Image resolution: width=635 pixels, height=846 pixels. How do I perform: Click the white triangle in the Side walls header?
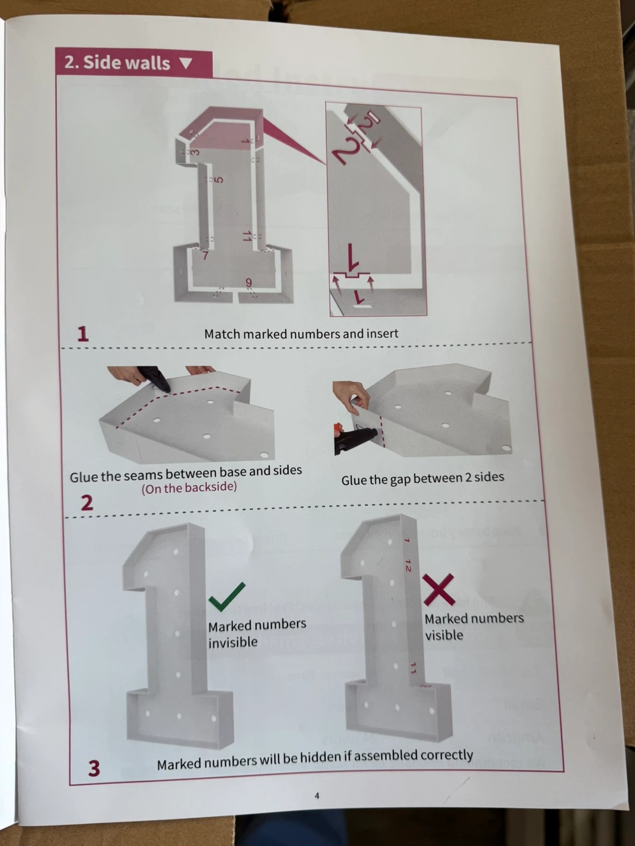coord(186,63)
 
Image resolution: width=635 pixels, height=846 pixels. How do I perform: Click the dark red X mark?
coord(439,589)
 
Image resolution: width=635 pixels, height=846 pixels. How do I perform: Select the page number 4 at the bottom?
coord(317,795)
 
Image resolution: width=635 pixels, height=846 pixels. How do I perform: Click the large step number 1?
coord(83,334)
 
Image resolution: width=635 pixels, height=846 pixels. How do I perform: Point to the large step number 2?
coord(87,502)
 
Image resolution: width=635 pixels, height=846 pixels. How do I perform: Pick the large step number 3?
coord(94,768)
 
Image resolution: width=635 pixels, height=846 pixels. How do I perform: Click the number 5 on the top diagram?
coord(218,180)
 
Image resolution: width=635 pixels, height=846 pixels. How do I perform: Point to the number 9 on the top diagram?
coord(249,283)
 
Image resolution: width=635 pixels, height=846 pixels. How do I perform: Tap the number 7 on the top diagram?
coord(206,256)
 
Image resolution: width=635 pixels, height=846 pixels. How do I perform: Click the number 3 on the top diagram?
coord(195,153)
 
